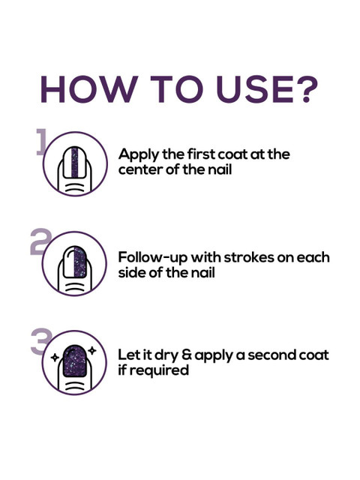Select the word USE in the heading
(x=253, y=88)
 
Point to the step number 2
(x=40, y=241)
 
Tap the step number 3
(x=41, y=341)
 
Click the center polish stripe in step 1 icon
(x=75, y=162)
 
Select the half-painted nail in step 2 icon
(x=75, y=262)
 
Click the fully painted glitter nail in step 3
(x=75, y=361)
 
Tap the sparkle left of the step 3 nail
(x=55, y=357)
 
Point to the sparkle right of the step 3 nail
(x=92, y=350)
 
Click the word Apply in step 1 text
(x=139, y=154)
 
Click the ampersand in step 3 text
(x=187, y=355)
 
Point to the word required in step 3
(x=158, y=371)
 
